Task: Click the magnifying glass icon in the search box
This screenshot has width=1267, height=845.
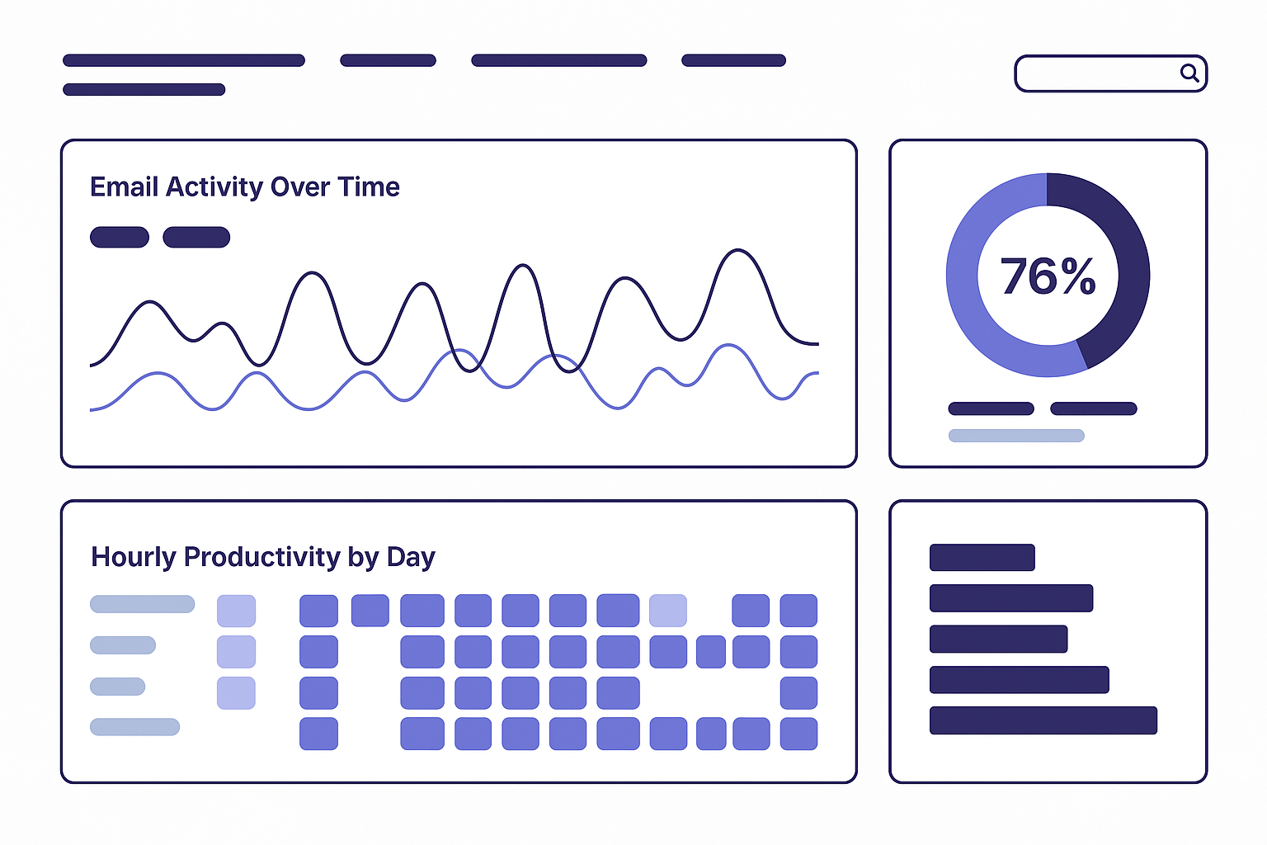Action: [1189, 73]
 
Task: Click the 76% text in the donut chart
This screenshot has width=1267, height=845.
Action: [1048, 276]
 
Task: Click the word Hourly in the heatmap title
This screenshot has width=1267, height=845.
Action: [134, 558]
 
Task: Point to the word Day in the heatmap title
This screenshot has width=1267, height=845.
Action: [412, 558]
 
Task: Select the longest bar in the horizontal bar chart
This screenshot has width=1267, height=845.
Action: [1043, 720]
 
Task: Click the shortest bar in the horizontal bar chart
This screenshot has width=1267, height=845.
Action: [982, 558]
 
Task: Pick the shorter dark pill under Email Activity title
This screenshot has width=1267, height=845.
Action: [120, 237]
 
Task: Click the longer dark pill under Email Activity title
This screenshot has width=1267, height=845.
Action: [196, 237]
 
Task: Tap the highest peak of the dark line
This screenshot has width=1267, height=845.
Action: [738, 250]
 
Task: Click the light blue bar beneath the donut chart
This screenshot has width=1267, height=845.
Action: [1016, 435]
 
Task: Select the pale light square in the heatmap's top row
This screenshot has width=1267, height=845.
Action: [668, 611]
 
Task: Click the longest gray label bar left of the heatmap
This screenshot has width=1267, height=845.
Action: [143, 604]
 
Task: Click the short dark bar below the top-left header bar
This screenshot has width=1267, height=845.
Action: [144, 89]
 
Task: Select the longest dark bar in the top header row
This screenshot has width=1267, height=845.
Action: [184, 60]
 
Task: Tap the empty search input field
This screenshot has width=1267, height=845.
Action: [1097, 73]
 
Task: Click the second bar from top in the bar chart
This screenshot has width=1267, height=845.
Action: [1011, 598]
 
